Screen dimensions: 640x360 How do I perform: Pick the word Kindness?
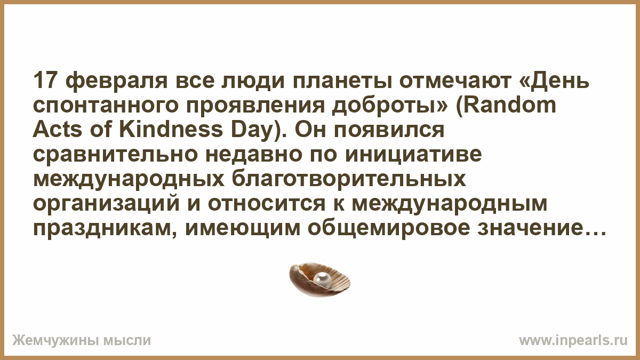click(170, 130)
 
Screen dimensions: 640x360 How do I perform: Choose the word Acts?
click(58, 130)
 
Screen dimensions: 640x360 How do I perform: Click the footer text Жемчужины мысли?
click(82, 341)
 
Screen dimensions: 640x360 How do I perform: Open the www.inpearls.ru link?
click(573, 341)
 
